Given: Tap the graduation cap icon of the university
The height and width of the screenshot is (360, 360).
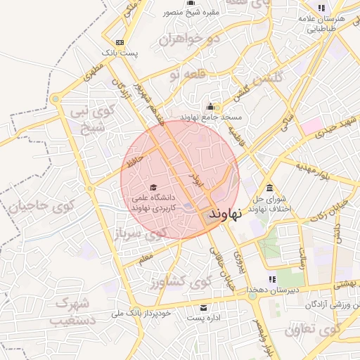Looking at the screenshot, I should click(153, 187).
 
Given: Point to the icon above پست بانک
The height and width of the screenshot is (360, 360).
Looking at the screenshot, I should click(119, 41).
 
